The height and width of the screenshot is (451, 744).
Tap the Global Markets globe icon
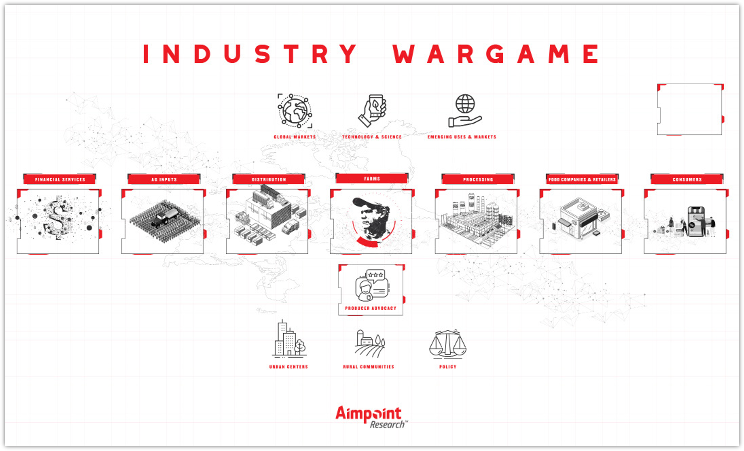(x=295, y=111)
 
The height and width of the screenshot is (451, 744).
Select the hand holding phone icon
(x=372, y=111)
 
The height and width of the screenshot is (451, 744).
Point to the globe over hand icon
(x=465, y=111)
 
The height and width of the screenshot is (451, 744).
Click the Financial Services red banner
(x=60, y=179)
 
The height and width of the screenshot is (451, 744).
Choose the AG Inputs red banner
(x=164, y=179)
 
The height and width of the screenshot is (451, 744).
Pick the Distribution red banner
(x=269, y=179)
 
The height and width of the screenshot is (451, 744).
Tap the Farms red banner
(x=372, y=178)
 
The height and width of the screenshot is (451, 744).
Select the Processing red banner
(x=478, y=179)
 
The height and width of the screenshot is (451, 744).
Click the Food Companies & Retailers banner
(x=582, y=179)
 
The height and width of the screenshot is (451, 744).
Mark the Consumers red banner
(x=687, y=179)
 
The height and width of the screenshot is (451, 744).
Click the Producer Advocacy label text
(x=370, y=308)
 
